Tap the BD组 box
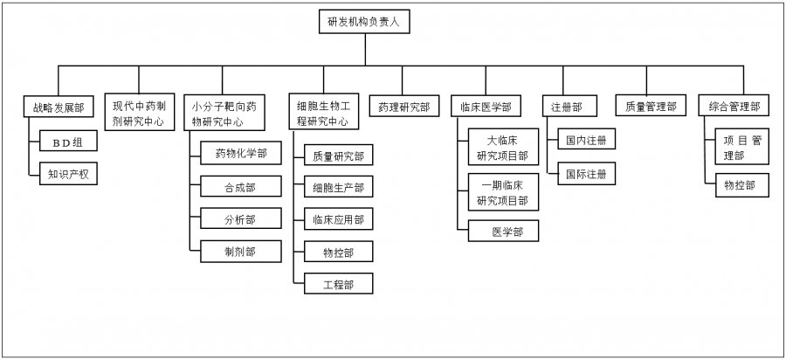point(68,141)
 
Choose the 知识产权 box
point(68,174)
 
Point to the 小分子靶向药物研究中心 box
point(224,113)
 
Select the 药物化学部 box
point(240,154)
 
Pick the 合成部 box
point(240,186)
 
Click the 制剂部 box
point(240,251)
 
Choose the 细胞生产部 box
point(338,188)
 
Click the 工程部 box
point(338,284)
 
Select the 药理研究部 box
point(403,107)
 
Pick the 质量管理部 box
point(651,107)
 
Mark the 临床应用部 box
point(338,219)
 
